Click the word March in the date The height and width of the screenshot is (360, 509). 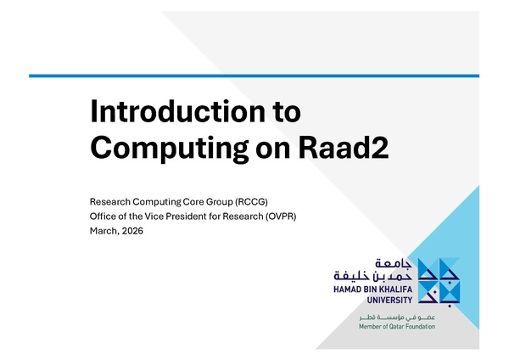click(104, 230)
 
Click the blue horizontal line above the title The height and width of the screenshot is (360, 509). click(255, 76)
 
